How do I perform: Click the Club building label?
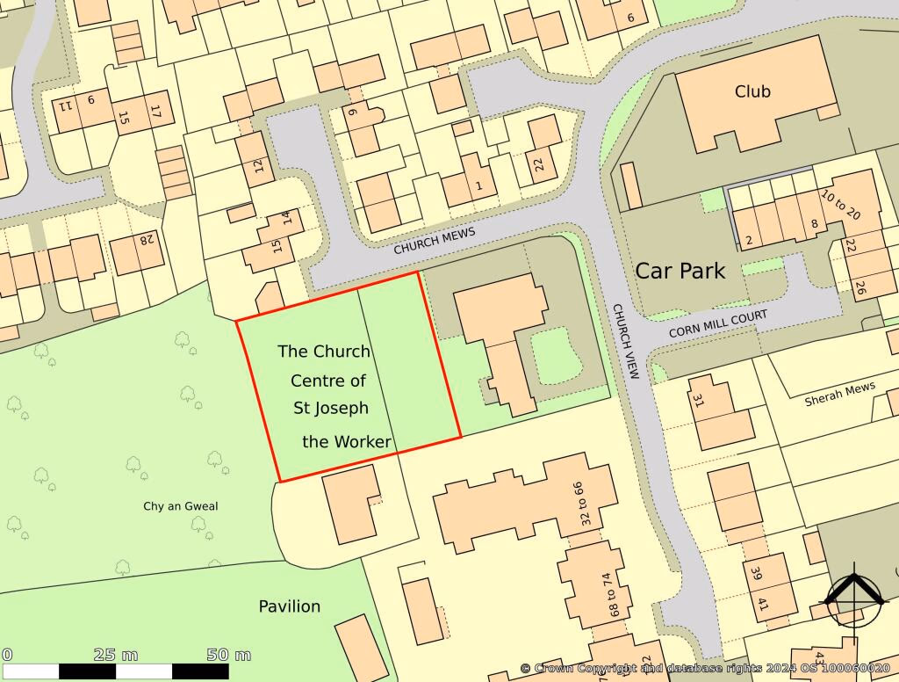click(x=752, y=91)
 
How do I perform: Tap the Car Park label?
click(x=680, y=271)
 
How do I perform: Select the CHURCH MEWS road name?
click(x=434, y=241)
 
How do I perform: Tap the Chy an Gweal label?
click(x=181, y=506)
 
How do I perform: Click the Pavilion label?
click(x=289, y=606)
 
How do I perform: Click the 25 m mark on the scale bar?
click(x=116, y=655)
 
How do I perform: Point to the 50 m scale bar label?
click(x=229, y=655)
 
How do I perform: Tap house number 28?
click(x=145, y=240)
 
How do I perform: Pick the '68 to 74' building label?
click(x=605, y=595)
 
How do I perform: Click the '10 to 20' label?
click(x=841, y=206)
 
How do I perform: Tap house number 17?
click(x=155, y=113)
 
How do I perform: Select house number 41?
click(x=762, y=605)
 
